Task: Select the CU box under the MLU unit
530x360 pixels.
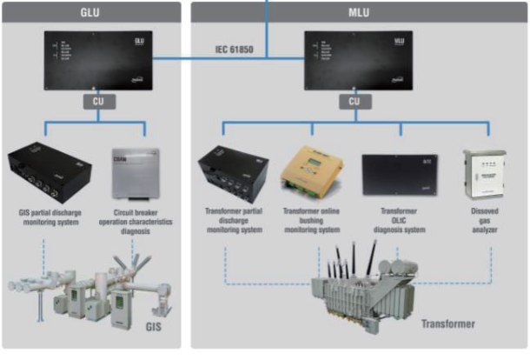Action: [x=354, y=101]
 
